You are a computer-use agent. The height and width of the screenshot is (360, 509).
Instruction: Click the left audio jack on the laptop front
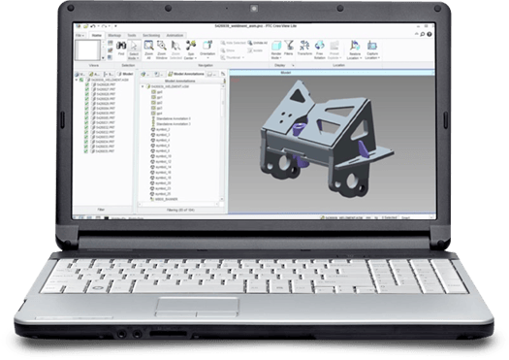point(118,341)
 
